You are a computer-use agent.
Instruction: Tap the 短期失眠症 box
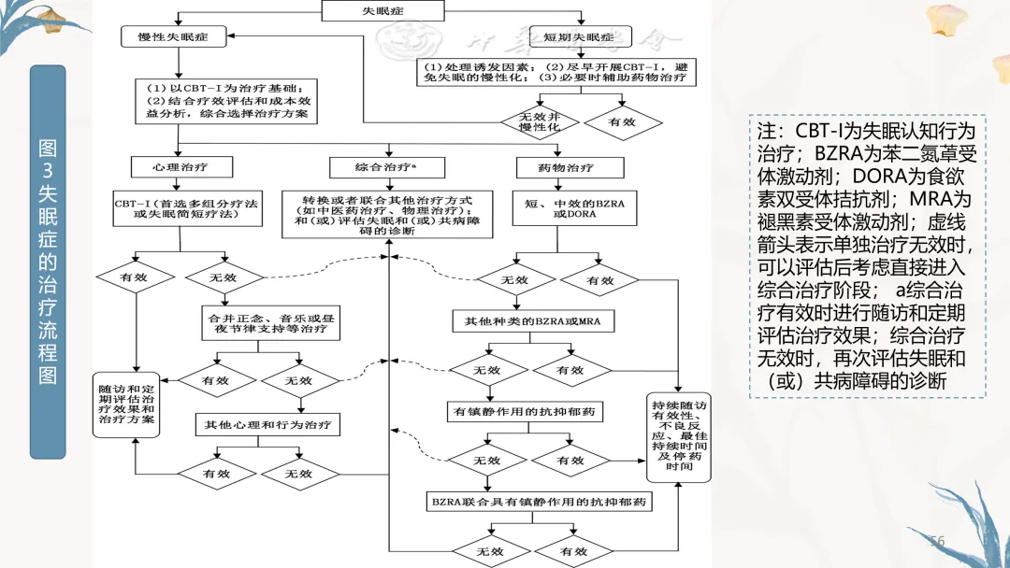pyautogui.click(x=581, y=36)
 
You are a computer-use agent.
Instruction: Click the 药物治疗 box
pyautogui.click(x=568, y=168)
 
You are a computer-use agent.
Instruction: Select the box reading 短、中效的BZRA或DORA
pyautogui.click(x=568, y=207)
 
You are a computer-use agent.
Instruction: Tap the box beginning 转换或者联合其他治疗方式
pyautogui.click(x=387, y=216)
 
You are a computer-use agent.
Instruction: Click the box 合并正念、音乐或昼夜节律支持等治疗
pyautogui.click(x=267, y=323)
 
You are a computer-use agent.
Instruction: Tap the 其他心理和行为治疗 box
pyautogui.click(x=267, y=424)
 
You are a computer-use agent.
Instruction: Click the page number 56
pyautogui.click(x=937, y=542)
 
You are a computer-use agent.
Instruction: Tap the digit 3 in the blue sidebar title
pyautogui.click(x=48, y=170)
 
